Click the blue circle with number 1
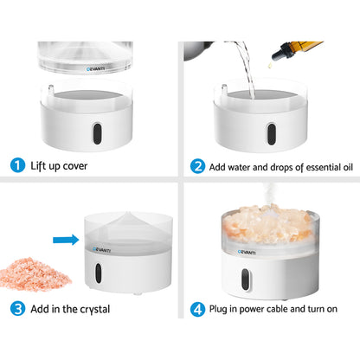coord(16,164)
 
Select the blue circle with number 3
coord(16,331)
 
